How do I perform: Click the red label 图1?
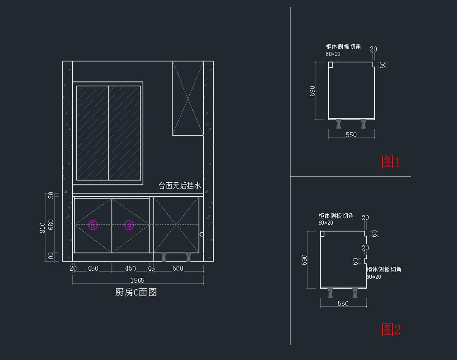(391, 162)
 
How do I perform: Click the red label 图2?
(391, 330)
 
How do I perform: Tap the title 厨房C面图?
(136, 292)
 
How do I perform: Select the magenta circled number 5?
(93, 225)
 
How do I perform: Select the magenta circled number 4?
(129, 225)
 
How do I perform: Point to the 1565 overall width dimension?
(137, 280)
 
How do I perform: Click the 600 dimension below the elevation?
(178, 268)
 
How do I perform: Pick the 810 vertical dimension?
(42, 228)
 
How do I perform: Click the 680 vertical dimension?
(51, 225)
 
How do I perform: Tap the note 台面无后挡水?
(180, 186)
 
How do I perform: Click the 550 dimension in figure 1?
(351, 135)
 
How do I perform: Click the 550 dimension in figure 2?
(343, 304)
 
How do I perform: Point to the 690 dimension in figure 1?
(312, 91)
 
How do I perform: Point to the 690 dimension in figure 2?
(304, 260)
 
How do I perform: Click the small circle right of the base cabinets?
(202, 234)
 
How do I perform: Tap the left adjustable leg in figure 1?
(339, 124)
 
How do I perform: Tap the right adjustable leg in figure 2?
(355, 293)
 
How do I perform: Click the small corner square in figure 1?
(331, 65)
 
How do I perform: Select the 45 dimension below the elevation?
(151, 268)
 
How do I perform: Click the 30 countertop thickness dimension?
(51, 195)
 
